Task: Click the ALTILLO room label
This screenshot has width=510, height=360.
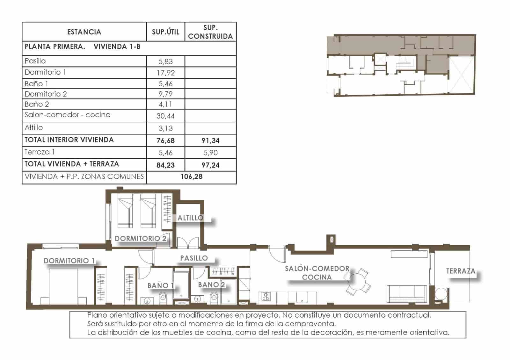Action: point(190,218)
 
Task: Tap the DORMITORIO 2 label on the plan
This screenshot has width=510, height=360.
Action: point(140,238)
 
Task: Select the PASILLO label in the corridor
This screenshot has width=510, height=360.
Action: point(194,258)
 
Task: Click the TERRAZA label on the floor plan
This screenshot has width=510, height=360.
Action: point(461,271)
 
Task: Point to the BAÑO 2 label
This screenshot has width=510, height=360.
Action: point(211,284)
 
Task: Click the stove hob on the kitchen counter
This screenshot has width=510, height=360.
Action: point(266,296)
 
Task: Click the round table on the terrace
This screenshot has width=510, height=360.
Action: point(441,293)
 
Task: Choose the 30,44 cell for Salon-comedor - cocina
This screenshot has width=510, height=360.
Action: point(165,116)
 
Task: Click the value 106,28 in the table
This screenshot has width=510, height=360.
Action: point(191,176)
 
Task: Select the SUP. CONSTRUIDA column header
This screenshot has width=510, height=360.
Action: point(210,32)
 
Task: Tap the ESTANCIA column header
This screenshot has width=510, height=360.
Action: point(84,32)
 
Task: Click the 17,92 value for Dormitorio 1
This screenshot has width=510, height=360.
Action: point(165,73)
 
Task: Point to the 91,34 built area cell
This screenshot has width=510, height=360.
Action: point(210,140)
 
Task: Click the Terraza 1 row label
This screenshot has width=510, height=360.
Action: point(40,152)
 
